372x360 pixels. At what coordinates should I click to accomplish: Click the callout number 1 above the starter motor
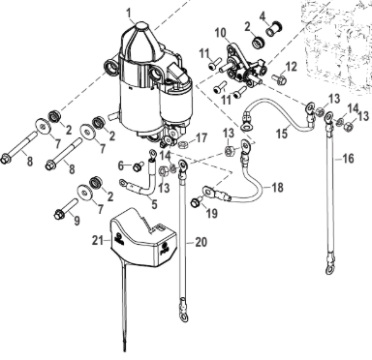[129, 14]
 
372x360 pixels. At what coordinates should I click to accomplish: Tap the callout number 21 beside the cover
[98, 240]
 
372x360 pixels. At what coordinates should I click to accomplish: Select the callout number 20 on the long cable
[201, 242]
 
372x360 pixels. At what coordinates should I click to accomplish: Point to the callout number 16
[348, 159]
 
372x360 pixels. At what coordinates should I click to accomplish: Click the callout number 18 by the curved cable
[277, 187]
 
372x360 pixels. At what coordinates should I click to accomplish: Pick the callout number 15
[282, 134]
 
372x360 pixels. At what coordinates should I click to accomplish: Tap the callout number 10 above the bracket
[222, 33]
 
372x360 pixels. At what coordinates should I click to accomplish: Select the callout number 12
[291, 67]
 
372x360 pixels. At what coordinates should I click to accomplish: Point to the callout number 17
[201, 138]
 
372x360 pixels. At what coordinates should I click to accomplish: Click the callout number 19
[212, 213]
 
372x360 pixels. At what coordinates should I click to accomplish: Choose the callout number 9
[77, 221]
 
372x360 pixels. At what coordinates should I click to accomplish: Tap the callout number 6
[121, 166]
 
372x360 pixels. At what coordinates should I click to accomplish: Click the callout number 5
[154, 203]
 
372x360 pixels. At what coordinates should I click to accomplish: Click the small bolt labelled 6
[139, 166]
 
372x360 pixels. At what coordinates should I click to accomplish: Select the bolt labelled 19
[196, 203]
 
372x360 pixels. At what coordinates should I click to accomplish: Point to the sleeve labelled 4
[273, 28]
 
